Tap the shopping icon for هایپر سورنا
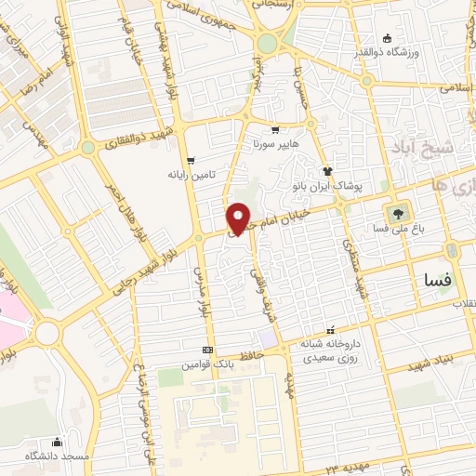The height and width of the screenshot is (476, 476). (x=274, y=130)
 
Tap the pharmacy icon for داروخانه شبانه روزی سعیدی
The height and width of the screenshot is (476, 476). (x=329, y=330)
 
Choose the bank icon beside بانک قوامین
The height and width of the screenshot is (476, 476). (x=206, y=350)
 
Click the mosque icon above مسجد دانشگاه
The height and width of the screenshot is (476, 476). (x=58, y=442)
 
